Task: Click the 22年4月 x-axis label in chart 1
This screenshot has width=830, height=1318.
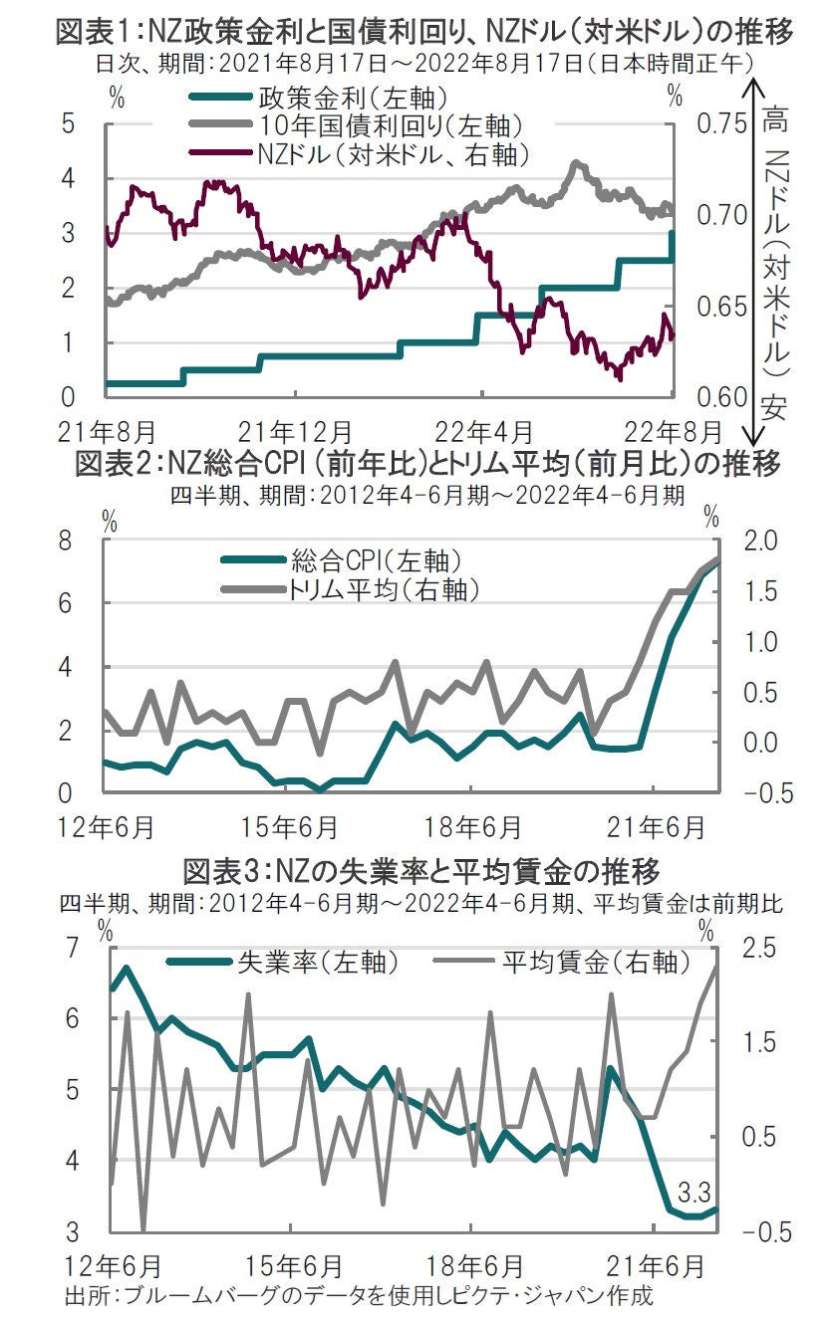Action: click(485, 433)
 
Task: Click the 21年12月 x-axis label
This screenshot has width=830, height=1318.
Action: click(295, 433)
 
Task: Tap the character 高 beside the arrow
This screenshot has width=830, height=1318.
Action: click(772, 122)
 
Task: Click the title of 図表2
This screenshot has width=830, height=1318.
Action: click(426, 465)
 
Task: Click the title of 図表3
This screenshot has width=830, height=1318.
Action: click(421, 872)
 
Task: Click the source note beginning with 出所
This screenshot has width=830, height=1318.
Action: click(358, 1297)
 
